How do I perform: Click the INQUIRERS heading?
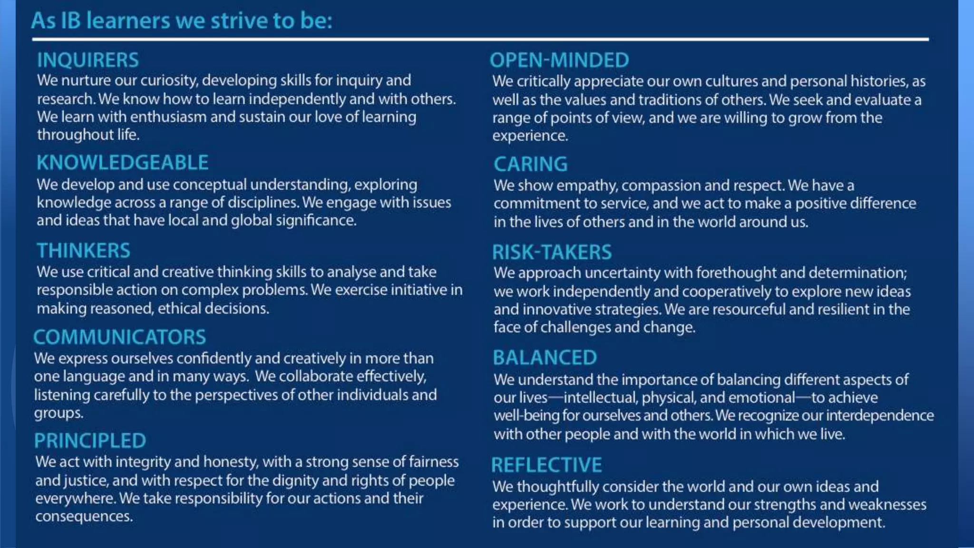tap(88, 60)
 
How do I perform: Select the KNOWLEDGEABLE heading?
tap(122, 163)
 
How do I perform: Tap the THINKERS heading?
tap(83, 251)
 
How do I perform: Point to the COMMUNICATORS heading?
tap(119, 337)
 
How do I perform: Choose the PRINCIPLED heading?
tap(90, 441)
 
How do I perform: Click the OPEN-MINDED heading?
tap(559, 60)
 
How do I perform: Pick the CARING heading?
tap(530, 165)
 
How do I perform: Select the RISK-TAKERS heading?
tap(552, 252)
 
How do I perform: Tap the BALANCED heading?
tap(545, 358)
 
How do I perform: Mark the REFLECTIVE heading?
tap(546, 465)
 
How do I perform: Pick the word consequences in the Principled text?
tap(84, 517)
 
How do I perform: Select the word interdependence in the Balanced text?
tap(880, 416)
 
